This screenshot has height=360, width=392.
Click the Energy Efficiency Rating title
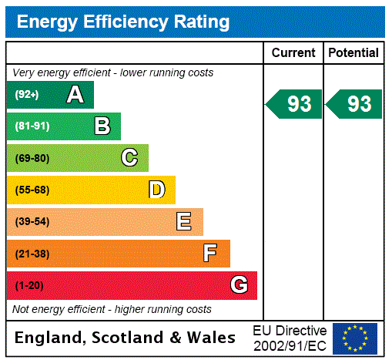click(122, 22)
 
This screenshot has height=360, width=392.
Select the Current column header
click(293, 53)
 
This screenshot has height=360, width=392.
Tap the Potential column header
click(353, 53)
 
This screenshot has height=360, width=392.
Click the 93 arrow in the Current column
click(294, 104)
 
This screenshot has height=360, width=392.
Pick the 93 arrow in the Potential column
click(354, 104)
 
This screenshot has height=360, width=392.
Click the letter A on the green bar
click(75, 95)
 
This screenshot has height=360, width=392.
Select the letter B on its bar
click(102, 126)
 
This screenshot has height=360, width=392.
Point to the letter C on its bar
click(129, 158)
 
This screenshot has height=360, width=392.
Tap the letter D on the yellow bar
click(156, 190)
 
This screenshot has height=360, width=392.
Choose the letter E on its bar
click(184, 222)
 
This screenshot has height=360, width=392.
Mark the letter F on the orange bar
click(210, 254)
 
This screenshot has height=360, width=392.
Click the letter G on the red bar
click(239, 286)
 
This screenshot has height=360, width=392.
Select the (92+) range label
click(27, 95)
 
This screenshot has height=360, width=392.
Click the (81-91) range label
click(32, 126)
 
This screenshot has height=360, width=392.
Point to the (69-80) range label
click(32, 158)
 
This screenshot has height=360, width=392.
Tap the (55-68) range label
click(32, 190)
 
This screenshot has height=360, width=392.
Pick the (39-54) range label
click(32, 222)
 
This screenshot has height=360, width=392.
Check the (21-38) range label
click(32, 254)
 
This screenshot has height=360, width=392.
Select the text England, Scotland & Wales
click(126, 338)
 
